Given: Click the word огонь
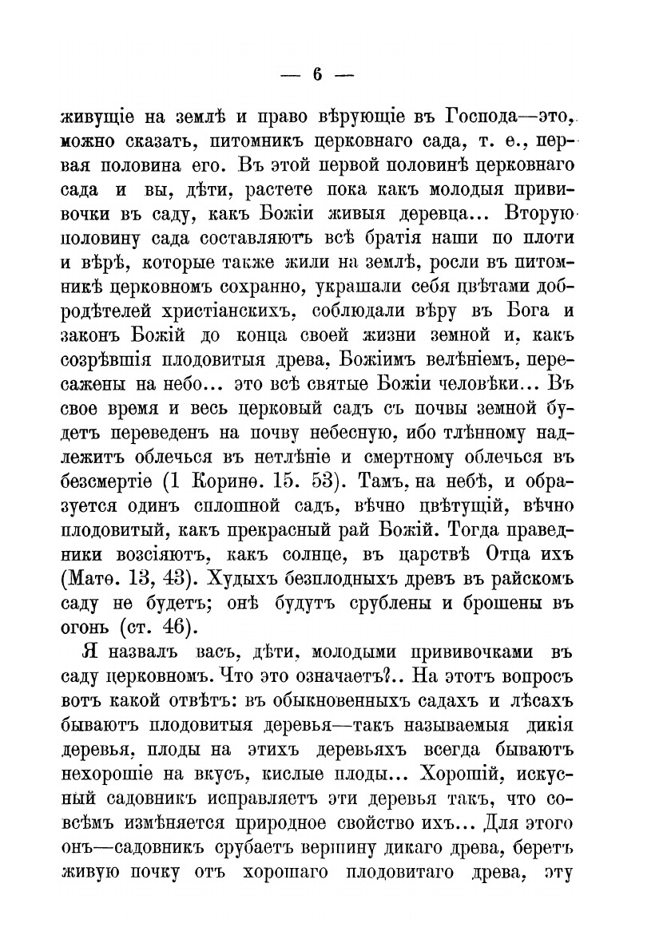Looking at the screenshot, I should point(86,624).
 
